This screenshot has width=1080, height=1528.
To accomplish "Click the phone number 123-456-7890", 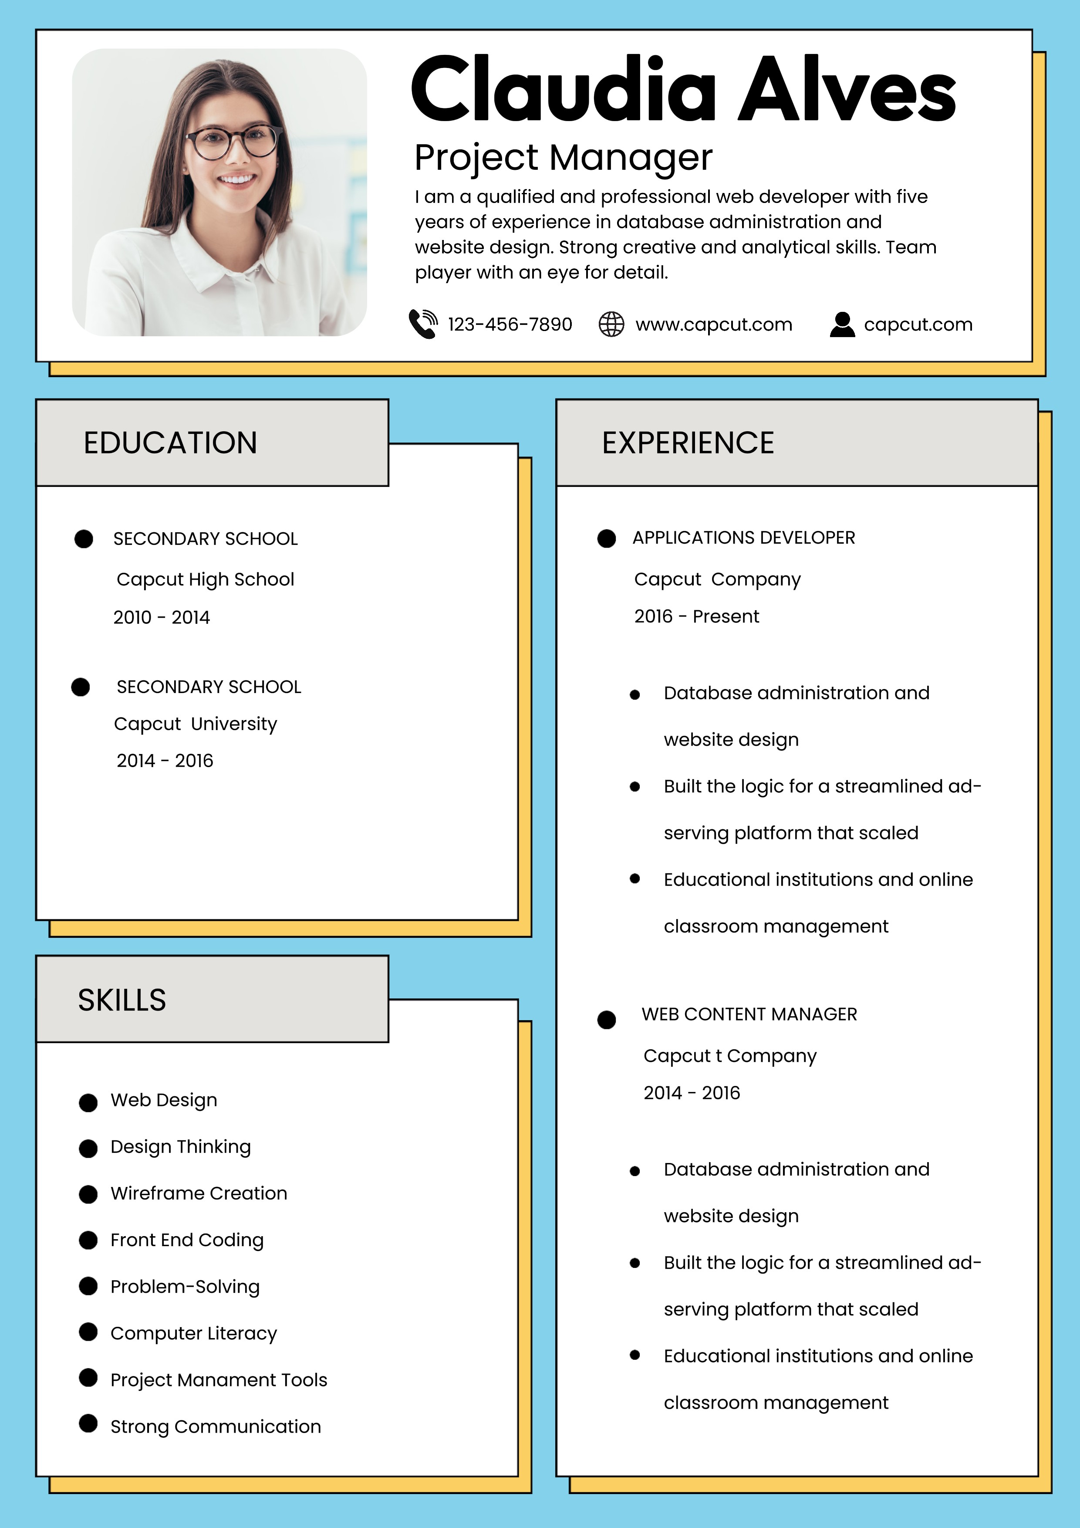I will tap(510, 325).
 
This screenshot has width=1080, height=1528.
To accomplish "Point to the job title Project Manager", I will tap(563, 159).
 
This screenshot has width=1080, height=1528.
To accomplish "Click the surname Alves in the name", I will tap(847, 90).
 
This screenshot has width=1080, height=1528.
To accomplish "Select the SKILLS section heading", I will tap(122, 1000).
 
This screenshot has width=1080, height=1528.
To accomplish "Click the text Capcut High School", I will tap(205, 580).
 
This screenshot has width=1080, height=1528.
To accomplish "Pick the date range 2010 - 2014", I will tap(162, 618).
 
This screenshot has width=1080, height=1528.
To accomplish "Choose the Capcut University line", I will tap(196, 724).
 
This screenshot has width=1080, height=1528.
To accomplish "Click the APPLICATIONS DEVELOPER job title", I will tap(743, 538).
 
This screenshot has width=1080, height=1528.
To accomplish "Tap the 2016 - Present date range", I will tap(696, 617).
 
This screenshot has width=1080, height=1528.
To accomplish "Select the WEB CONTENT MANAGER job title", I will tap(749, 1014).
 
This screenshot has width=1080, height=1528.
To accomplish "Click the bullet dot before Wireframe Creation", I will tap(88, 1195).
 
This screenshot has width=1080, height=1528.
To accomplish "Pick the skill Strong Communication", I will tap(216, 1427).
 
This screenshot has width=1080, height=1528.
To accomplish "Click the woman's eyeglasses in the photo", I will tap(233, 142).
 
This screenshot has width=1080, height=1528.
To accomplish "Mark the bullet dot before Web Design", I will tap(88, 1103).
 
